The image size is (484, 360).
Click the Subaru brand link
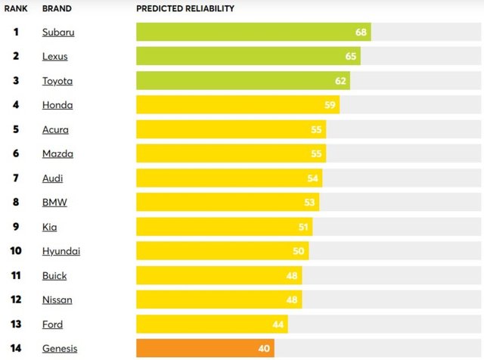click(x=58, y=33)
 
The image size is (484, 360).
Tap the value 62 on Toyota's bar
click(x=340, y=81)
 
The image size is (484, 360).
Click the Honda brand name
click(x=57, y=105)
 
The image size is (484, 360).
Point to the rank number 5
click(x=16, y=129)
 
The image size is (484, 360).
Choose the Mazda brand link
click(x=57, y=154)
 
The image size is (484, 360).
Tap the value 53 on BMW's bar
click(x=309, y=202)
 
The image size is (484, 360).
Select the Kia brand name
click(x=49, y=227)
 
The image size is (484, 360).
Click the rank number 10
click(x=16, y=251)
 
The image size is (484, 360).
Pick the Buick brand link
click(x=54, y=275)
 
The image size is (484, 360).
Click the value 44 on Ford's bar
click(x=278, y=324)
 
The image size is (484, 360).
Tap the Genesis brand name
click(x=60, y=349)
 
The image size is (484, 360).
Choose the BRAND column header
click(x=56, y=9)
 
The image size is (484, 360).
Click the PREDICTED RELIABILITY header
click(x=185, y=9)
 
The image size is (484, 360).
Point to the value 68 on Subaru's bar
click(x=361, y=33)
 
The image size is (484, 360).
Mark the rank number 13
click(x=16, y=324)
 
